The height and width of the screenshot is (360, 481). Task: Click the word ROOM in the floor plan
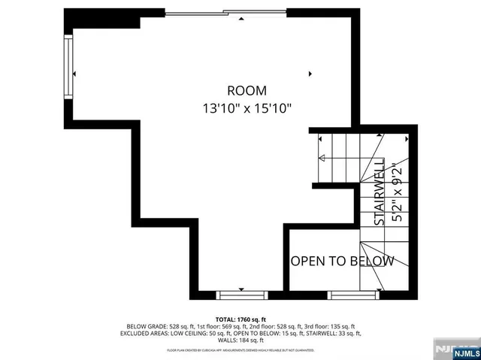click(247, 91)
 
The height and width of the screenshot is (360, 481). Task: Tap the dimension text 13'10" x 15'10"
click(247, 108)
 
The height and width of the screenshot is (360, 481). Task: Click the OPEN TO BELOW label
click(342, 261)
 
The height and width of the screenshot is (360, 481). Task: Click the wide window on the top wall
click(225, 13)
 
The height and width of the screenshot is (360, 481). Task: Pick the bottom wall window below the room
click(241, 295)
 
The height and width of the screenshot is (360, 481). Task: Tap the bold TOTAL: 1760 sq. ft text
click(240, 319)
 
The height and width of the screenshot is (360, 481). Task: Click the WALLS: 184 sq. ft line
click(240, 340)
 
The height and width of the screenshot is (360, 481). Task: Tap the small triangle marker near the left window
click(75, 73)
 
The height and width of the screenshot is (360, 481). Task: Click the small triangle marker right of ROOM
click(310, 74)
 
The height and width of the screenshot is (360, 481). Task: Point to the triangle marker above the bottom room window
click(241, 289)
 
